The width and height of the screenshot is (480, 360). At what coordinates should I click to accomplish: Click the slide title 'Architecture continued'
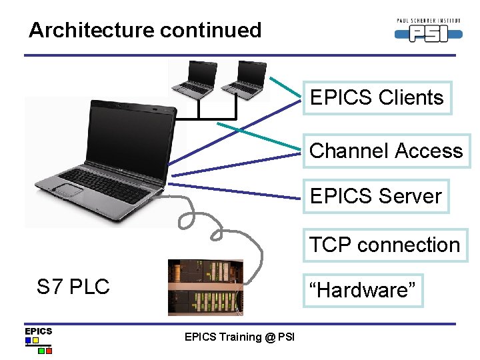click(x=145, y=30)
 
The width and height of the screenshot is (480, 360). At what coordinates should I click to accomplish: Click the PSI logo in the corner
click(x=427, y=31)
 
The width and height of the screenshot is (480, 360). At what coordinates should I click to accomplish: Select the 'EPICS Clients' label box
click(x=377, y=98)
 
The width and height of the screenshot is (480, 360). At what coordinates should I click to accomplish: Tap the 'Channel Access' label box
click(x=386, y=151)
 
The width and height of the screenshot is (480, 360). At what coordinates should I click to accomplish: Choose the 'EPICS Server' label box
click(x=375, y=196)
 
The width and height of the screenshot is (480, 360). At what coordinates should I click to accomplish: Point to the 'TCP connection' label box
click(x=385, y=245)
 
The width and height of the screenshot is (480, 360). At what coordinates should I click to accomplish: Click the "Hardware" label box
click(x=363, y=290)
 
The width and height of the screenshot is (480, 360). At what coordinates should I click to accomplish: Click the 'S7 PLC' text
click(x=73, y=287)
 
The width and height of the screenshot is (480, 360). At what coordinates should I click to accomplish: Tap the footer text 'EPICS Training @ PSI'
click(x=239, y=337)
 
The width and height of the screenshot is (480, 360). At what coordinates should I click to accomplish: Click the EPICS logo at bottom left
click(x=39, y=339)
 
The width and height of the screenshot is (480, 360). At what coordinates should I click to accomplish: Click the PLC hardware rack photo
click(x=205, y=287)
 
